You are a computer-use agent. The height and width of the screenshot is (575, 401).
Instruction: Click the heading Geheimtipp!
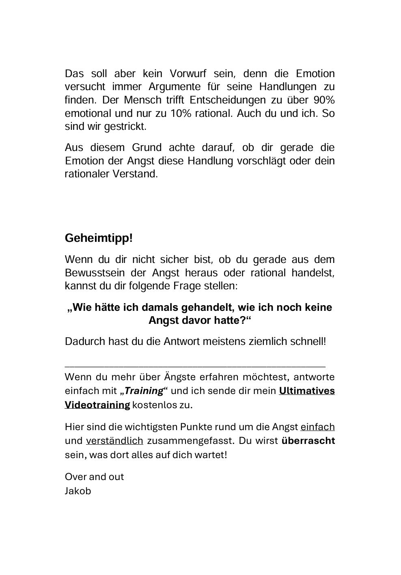pyautogui.click(x=99, y=238)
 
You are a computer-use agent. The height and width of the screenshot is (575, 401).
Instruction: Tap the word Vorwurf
pyautogui.click(x=188, y=73)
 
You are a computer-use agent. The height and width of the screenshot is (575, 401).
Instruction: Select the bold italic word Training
pyautogui.click(x=144, y=391)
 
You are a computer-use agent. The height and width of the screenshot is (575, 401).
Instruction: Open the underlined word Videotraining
pyautogui.click(x=97, y=405)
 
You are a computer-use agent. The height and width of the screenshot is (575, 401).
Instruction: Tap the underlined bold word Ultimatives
pyautogui.click(x=307, y=391)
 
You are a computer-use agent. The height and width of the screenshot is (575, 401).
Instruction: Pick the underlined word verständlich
pyautogui.click(x=114, y=441)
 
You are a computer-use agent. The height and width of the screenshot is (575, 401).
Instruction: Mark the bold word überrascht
pyautogui.click(x=308, y=441)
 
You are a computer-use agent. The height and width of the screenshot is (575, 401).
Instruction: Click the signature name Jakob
pyautogui.click(x=78, y=491)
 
